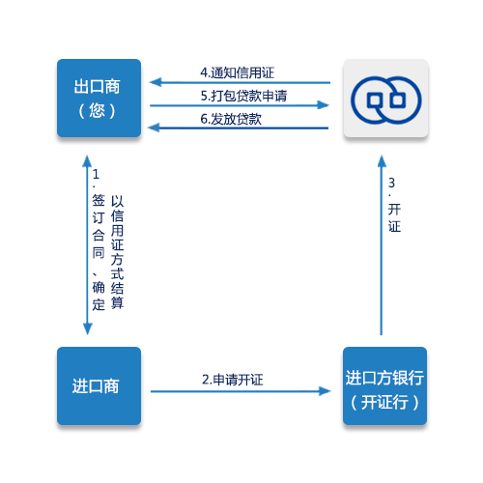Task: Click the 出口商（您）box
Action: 99,98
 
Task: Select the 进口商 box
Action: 99,385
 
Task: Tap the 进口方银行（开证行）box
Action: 384,385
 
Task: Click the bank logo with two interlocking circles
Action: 385,100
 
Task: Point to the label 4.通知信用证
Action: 237,72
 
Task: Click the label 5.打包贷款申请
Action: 243,96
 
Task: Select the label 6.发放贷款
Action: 231,119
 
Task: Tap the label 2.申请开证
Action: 233,380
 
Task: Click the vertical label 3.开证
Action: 394,205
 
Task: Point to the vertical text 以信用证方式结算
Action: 117,252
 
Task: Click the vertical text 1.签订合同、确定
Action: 99,240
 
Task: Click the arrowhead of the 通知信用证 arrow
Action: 156,82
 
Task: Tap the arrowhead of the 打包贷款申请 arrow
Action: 323,105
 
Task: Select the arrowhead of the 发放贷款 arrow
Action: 154,128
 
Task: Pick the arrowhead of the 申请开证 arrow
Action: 325,391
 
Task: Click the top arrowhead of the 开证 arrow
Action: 382,161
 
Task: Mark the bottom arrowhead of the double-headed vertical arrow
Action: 88,328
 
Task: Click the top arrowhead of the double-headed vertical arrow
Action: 87,161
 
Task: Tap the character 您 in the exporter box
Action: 97,110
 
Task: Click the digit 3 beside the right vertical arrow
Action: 391,183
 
